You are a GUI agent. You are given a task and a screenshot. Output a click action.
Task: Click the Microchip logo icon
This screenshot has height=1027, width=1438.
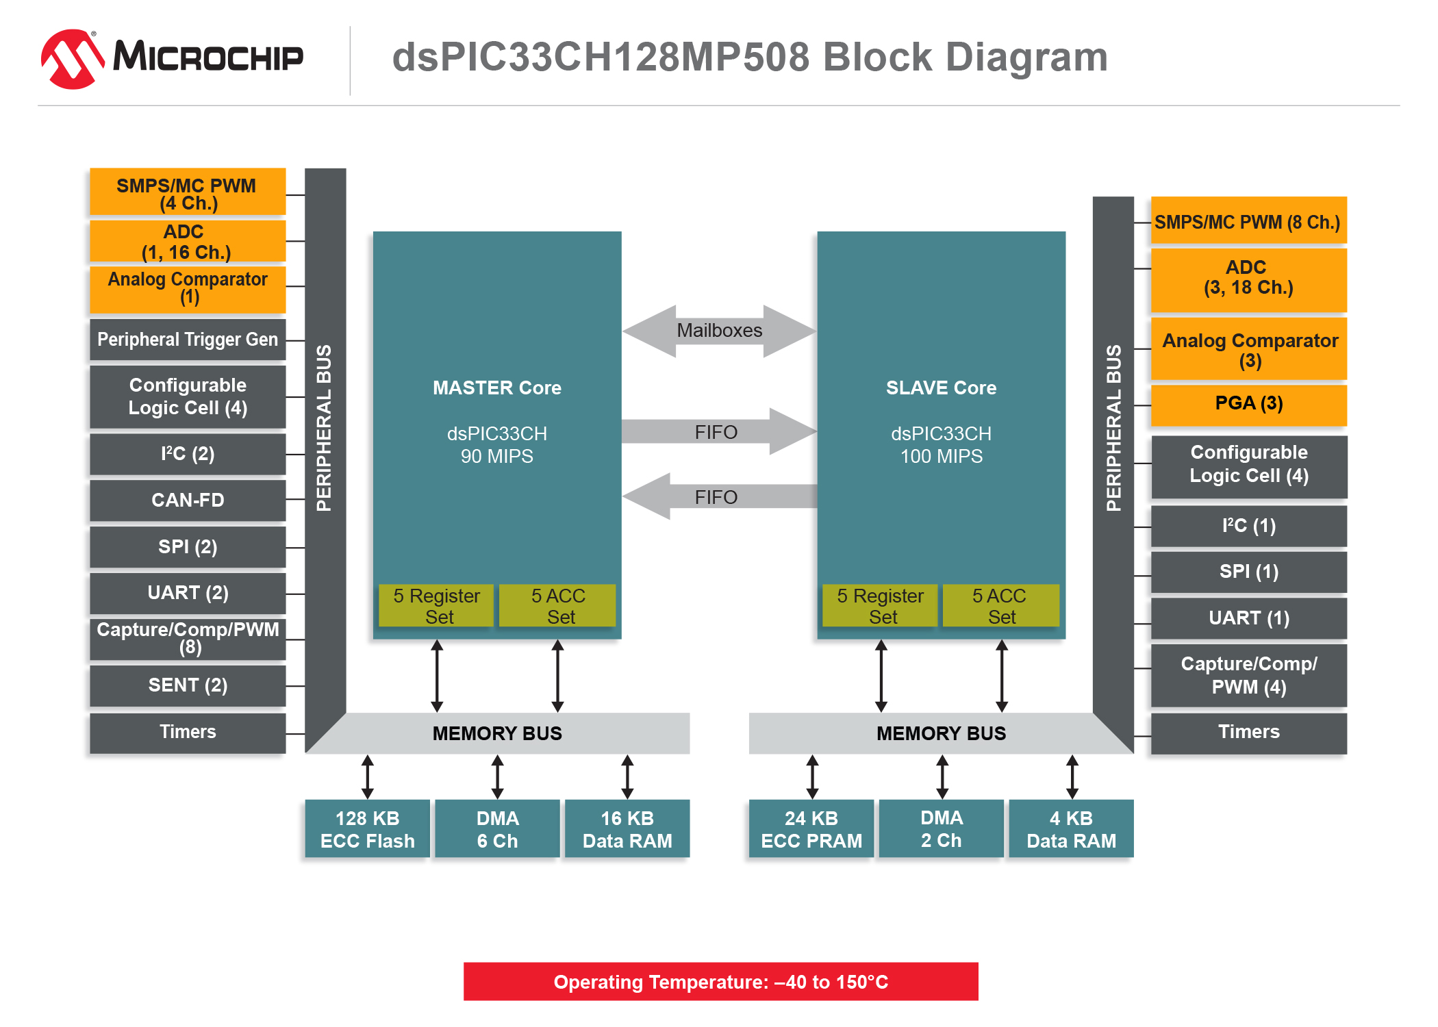73,59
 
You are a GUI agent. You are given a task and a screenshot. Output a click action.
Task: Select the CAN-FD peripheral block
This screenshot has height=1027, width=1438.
188,500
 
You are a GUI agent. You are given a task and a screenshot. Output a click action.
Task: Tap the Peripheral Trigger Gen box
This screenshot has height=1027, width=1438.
188,340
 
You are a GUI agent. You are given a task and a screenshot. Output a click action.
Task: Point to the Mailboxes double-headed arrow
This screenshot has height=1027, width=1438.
719,331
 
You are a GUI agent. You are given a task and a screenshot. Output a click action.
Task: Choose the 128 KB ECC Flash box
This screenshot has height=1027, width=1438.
368,828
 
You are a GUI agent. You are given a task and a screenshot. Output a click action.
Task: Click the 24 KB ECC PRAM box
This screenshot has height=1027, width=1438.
811,828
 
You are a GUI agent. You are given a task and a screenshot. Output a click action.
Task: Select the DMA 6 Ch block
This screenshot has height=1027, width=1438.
498,828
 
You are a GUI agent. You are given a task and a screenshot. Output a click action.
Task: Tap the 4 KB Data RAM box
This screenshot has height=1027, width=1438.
1072,828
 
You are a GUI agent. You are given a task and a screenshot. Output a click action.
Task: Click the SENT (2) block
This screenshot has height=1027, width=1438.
188,685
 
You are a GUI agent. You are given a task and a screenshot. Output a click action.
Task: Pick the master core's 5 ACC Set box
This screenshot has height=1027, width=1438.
557,605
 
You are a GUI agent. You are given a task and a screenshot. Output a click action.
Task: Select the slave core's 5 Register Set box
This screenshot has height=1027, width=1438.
880,605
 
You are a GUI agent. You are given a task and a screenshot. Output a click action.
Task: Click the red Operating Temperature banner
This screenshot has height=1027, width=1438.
721,982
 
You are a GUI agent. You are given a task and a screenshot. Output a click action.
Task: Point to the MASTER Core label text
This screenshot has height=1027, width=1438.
497,388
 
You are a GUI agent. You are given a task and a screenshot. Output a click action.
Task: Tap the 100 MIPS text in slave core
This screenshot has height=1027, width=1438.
942,457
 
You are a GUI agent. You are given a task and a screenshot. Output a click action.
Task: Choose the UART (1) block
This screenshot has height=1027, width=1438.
1249,618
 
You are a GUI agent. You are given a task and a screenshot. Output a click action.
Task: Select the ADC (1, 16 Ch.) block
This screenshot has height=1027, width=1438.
188,241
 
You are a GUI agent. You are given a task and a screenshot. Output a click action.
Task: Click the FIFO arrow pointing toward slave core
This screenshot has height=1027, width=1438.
719,431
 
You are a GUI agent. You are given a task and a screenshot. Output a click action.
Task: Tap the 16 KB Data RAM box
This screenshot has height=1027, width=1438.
627,828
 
